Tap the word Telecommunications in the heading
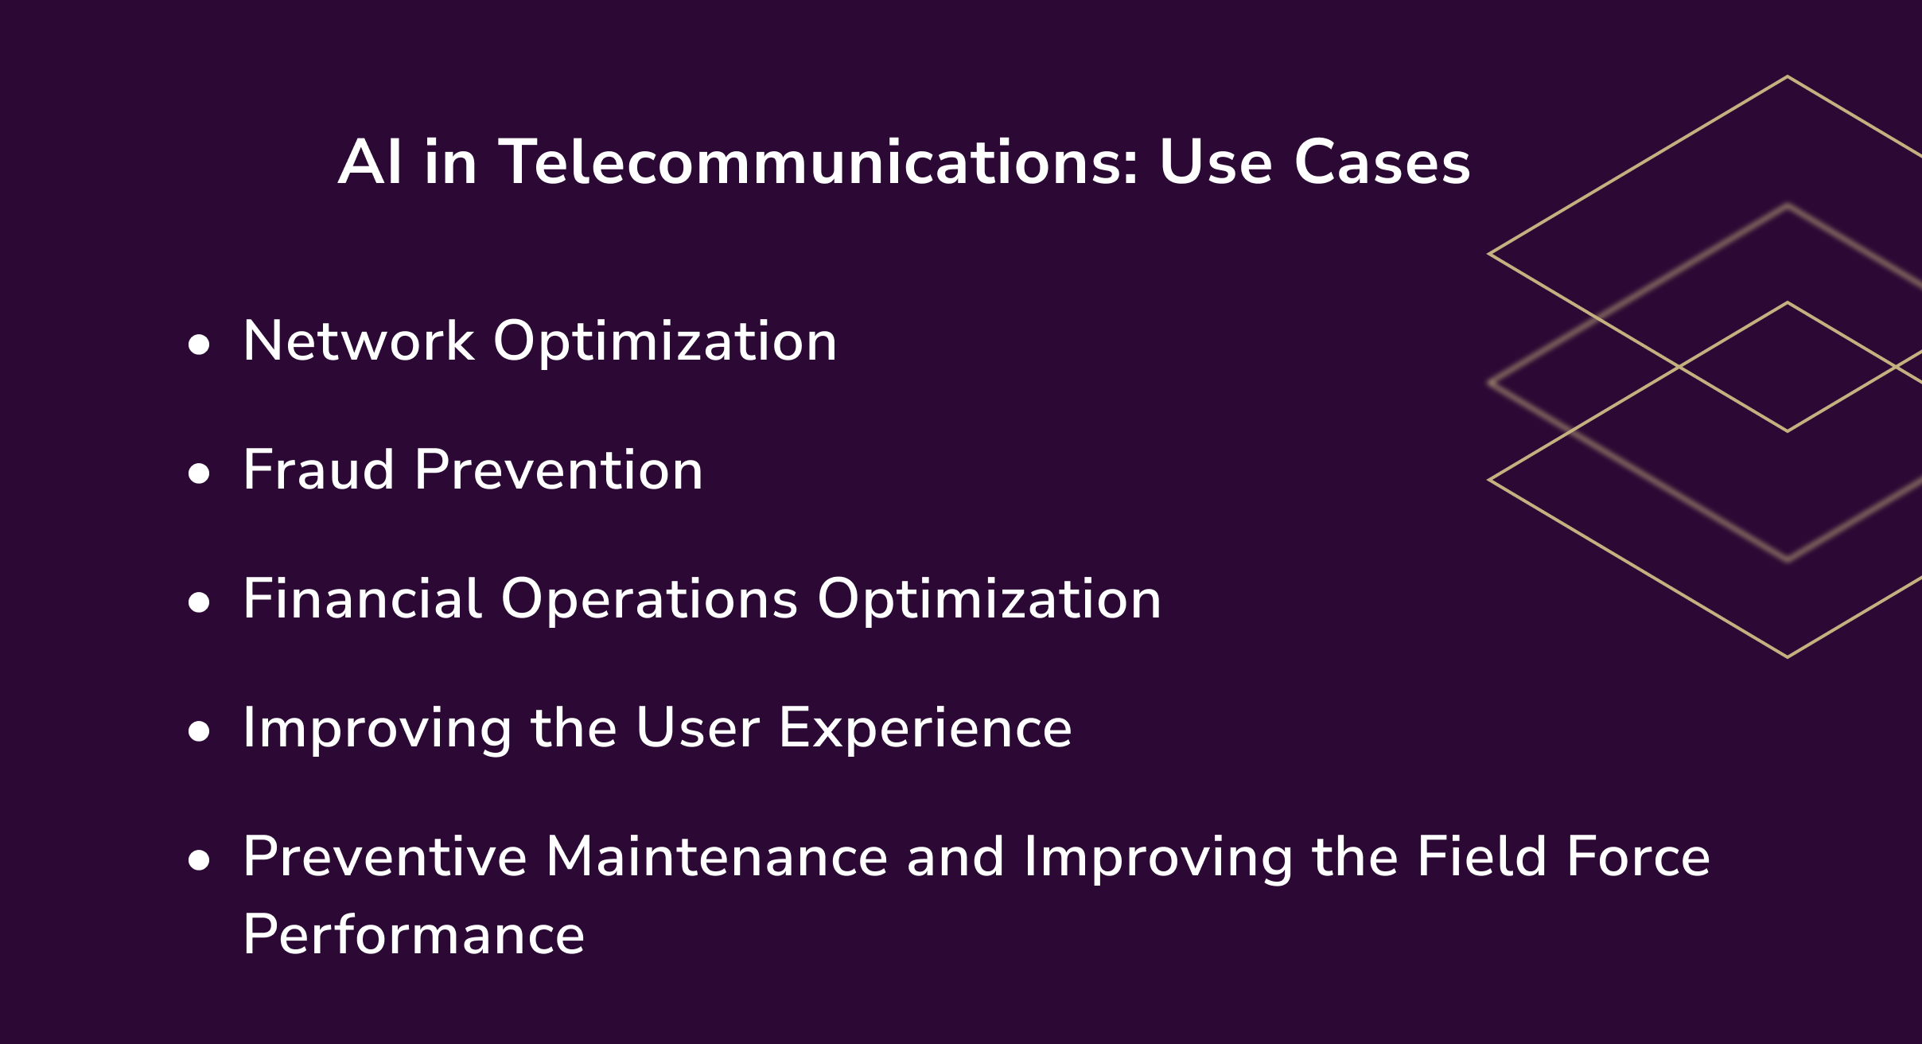click(x=819, y=163)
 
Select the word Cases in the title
click(x=1382, y=163)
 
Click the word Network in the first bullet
click(x=359, y=341)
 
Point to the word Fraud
click(x=318, y=470)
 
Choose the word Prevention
click(x=558, y=470)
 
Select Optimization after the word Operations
click(x=989, y=601)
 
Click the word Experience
click(x=925, y=730)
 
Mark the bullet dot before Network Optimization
click(x=199, y=345)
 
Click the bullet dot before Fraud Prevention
click(x=199, y=474)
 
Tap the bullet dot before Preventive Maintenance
click(x=199, y=861)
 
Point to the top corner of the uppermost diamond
click(x=1788, y=77)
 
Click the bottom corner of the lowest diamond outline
click(x=1788, y=656)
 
